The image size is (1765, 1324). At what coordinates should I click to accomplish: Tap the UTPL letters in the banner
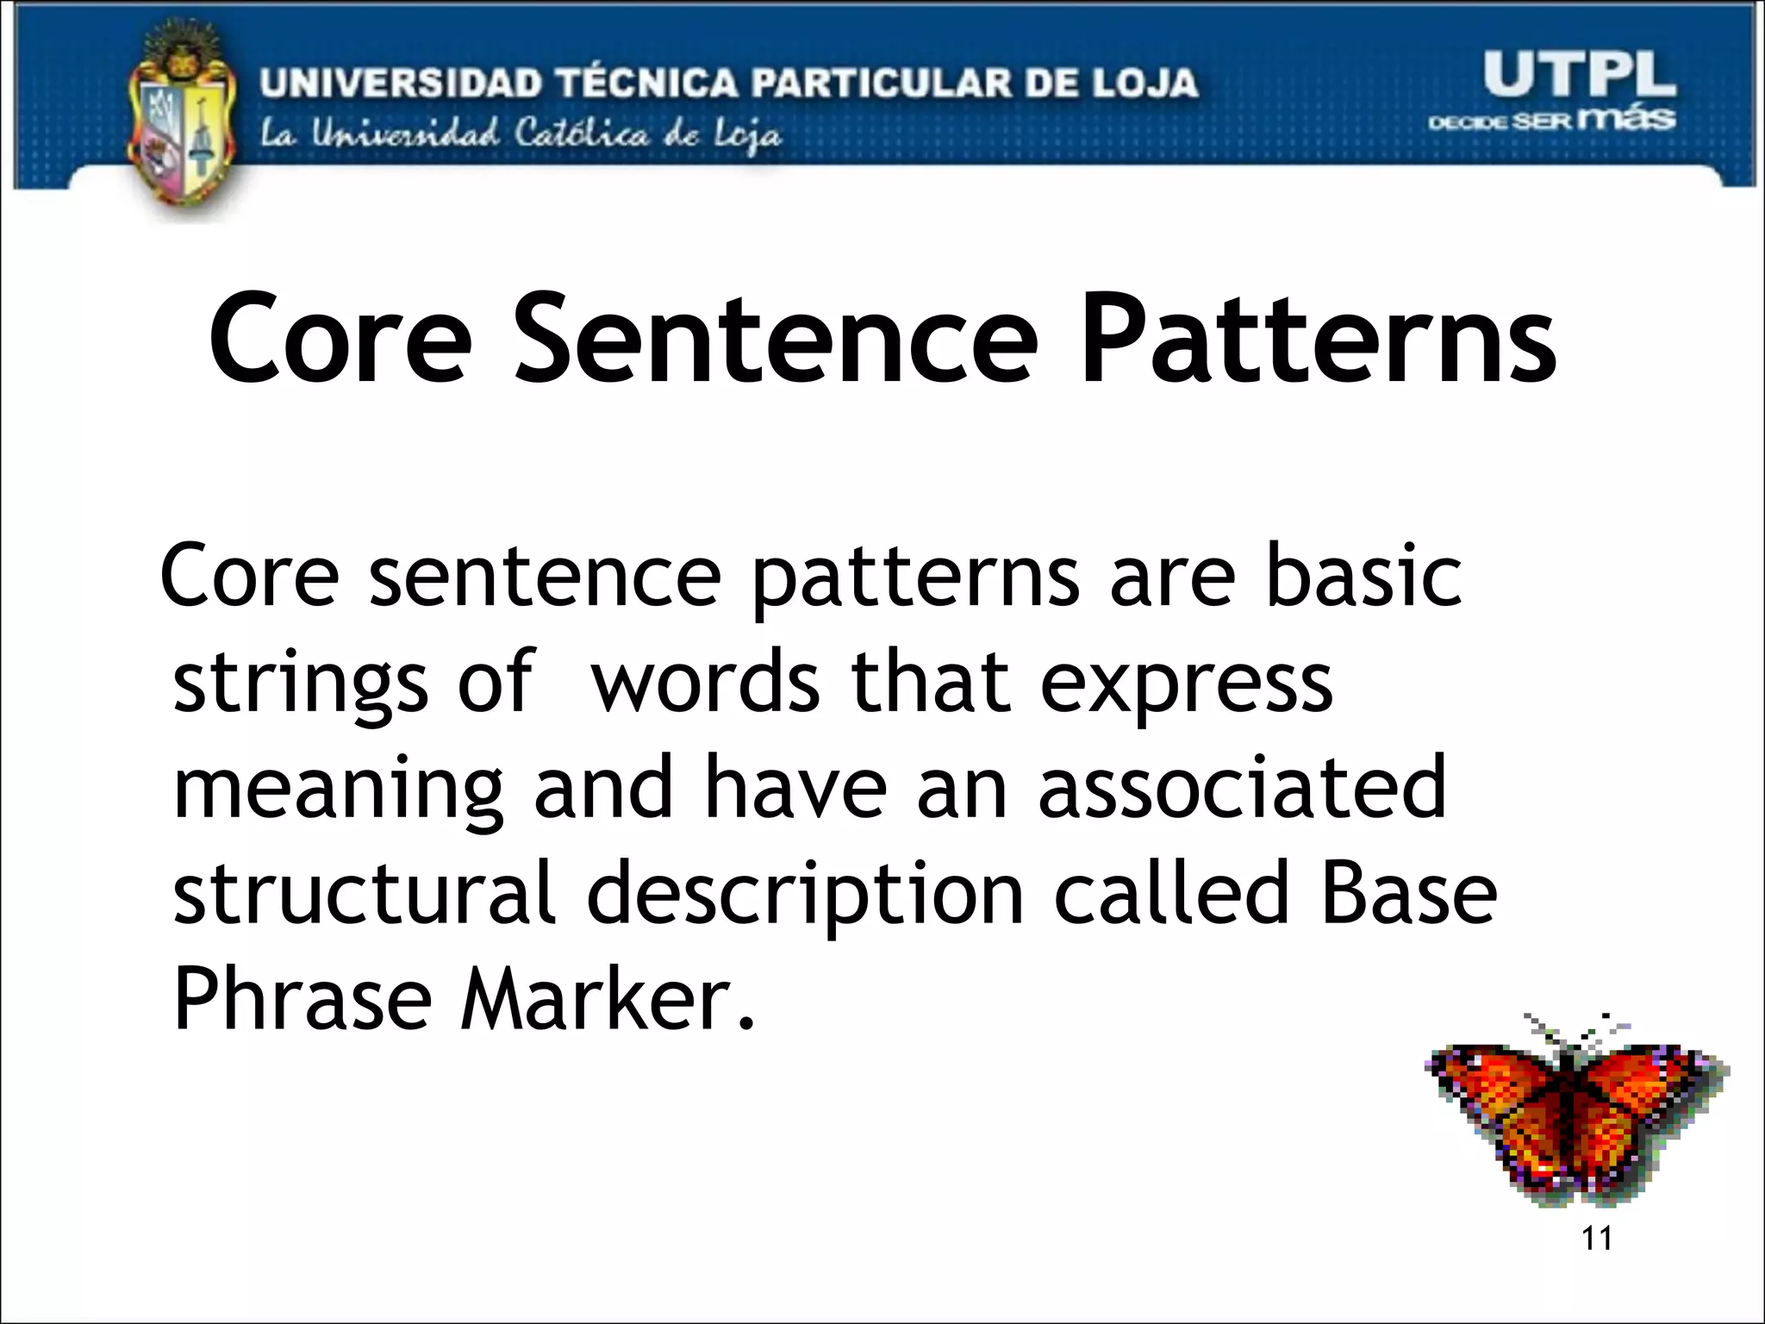point(1578,75)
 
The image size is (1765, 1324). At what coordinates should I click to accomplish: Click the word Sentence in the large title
point(776,338)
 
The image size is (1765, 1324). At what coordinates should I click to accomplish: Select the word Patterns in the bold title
point(1318,338)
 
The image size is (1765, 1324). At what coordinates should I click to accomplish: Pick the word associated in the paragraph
point(1242,787)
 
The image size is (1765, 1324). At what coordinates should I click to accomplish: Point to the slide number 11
point(1597,1239)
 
